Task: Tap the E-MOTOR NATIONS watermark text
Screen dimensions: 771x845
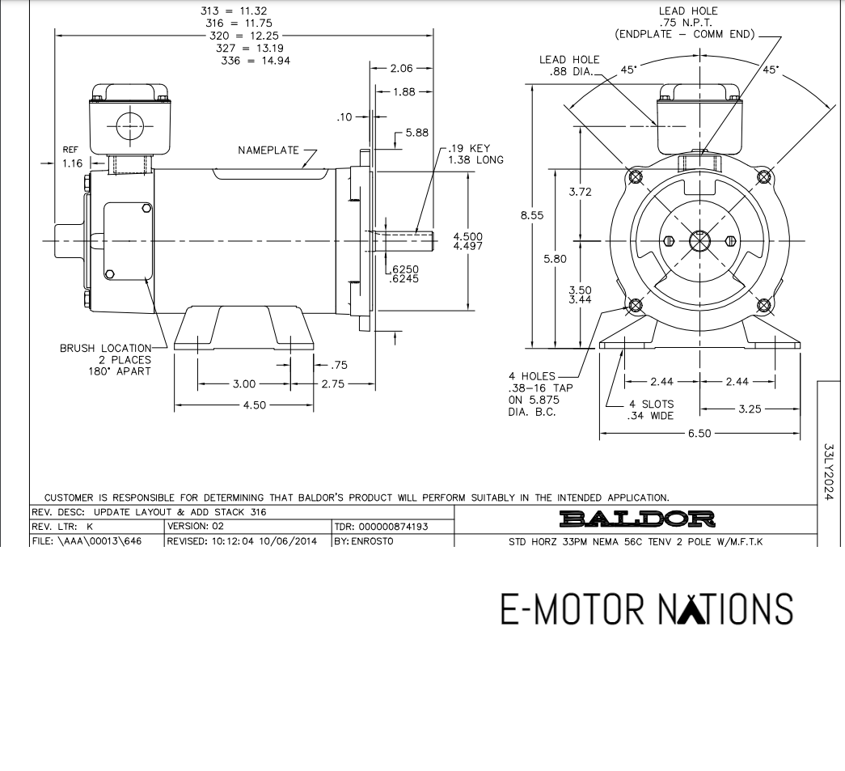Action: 646,608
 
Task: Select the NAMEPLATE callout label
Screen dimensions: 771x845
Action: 268,150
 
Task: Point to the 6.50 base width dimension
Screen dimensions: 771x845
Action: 699,434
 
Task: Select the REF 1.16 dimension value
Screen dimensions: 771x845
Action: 72,163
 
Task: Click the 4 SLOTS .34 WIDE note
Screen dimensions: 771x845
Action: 651,410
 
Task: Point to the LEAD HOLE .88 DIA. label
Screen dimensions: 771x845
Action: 569,66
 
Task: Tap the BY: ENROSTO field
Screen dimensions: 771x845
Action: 363,540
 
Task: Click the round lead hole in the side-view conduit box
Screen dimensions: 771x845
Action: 129,127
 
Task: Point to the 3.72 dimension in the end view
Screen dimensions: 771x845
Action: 580,192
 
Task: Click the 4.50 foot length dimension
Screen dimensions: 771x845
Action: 255,405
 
